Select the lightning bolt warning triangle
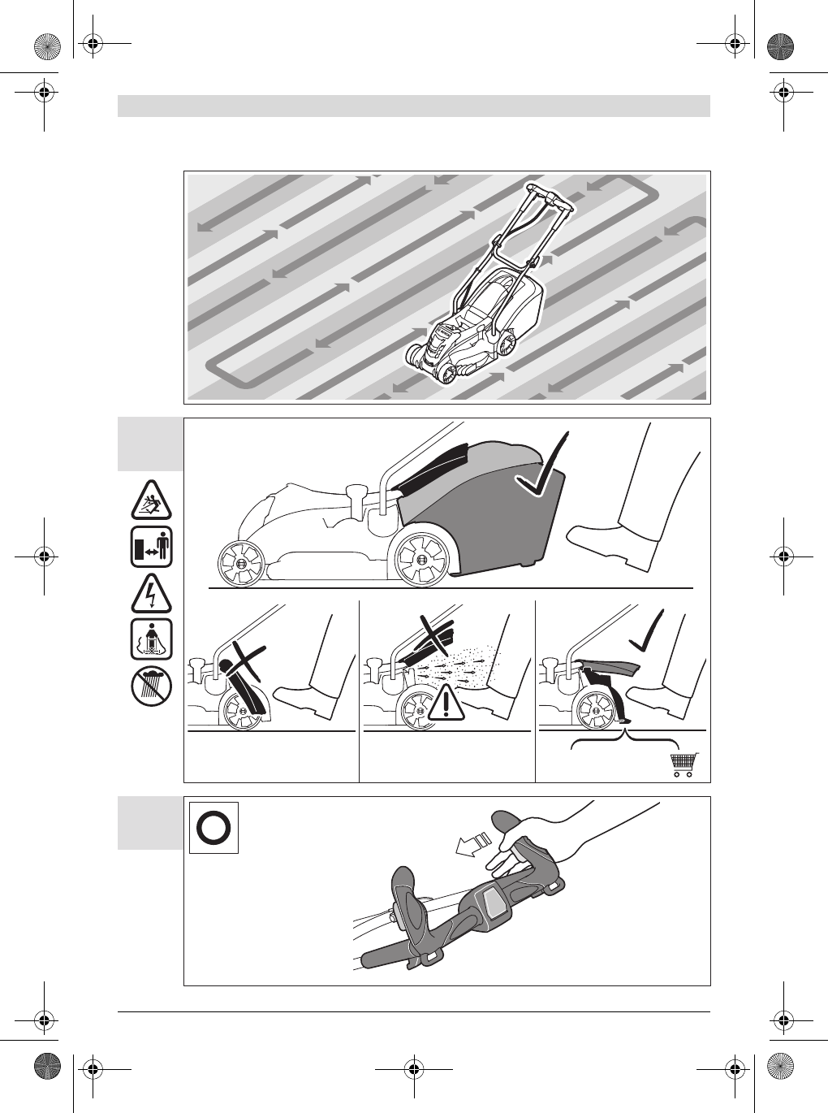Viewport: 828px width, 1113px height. click(152, 593)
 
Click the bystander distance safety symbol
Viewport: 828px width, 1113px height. click(152, 547)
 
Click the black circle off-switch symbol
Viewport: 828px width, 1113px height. click(213, 828)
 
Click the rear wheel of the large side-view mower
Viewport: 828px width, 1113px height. click(420, 560)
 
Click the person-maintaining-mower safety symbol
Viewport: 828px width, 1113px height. click(152, 639)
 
